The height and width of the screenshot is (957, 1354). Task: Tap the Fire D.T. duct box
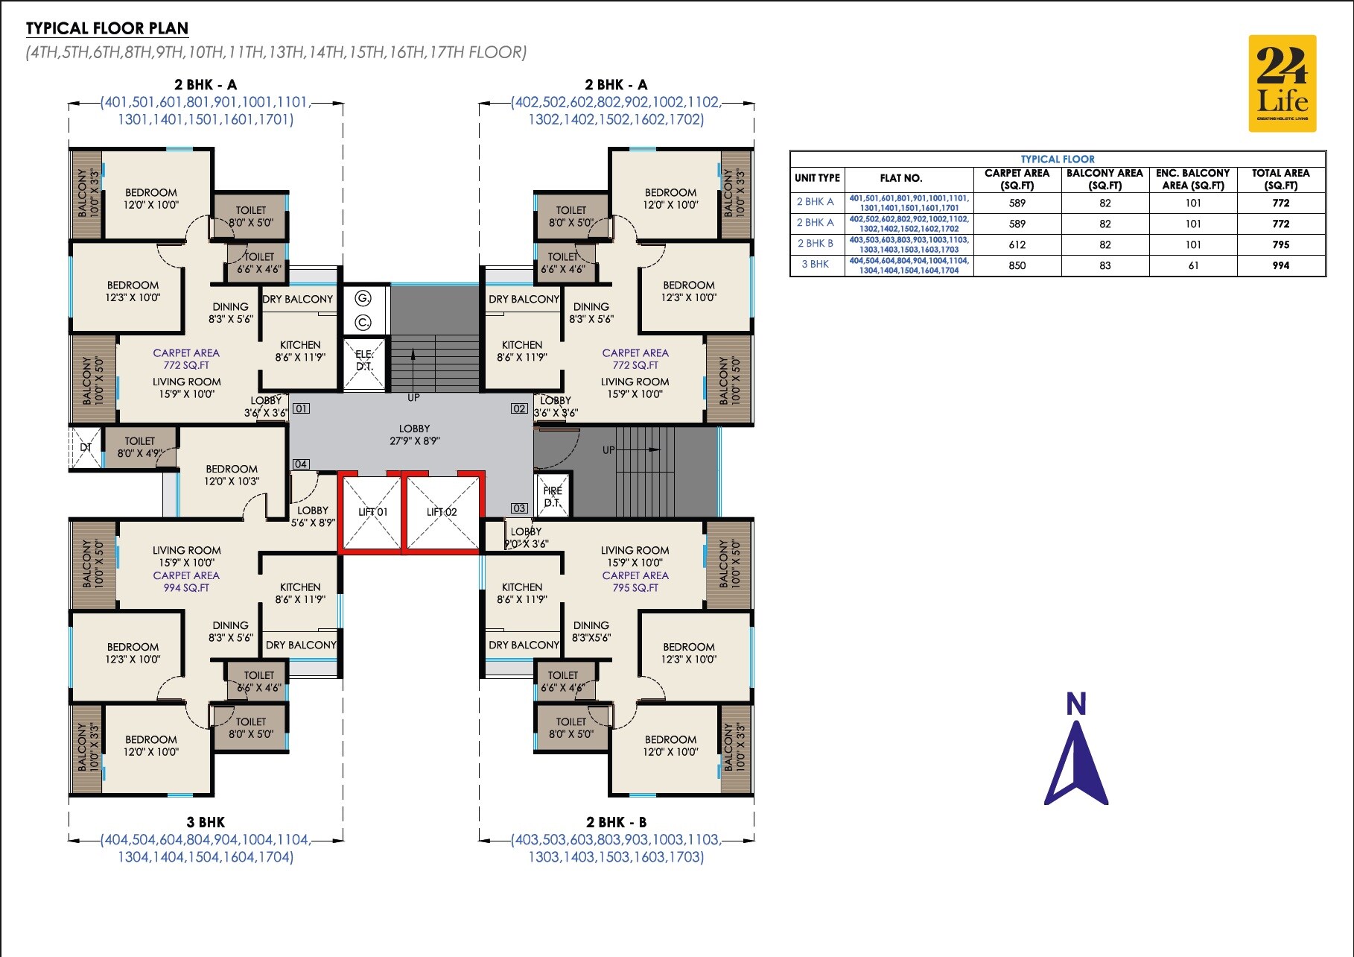(x=552, y=496)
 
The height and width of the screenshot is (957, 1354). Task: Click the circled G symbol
(x=363, y=298)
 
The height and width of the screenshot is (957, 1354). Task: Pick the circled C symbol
(x=363, y=323)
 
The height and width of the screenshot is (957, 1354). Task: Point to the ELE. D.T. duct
(x=364, y=364)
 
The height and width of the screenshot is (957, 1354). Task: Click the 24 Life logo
(x=1283, y=83)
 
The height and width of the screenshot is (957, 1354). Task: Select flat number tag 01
(x=301, y=408)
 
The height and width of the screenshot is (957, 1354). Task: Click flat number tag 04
(x=300, y=464)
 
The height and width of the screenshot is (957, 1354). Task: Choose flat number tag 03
(x=519, y=508)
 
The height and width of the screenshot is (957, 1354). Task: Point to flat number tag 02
(x=519, y=408)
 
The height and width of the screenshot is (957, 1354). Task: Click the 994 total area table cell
(x=1281, y=265)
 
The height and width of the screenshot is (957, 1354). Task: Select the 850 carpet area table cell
(x=1017, y=265)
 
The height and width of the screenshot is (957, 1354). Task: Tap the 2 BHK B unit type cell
(x=816, y=244)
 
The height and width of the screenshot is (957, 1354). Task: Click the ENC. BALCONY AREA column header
(x=1193, y=179)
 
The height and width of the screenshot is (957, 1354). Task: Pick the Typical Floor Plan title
(x=107, y=28)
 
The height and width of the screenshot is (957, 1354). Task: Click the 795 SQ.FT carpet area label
(x=635, y=587)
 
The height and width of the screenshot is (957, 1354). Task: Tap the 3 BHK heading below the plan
(x=206, y=822)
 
